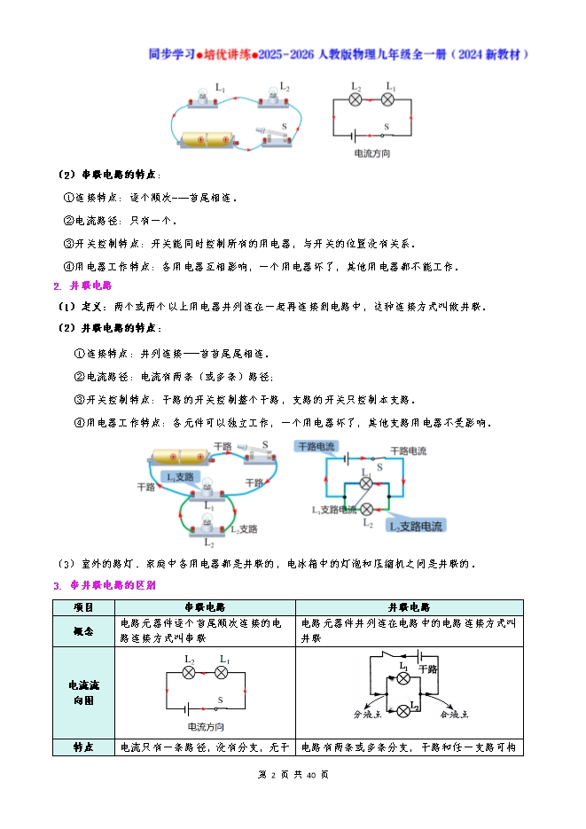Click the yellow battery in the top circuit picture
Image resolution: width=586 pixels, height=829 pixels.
[207, 140]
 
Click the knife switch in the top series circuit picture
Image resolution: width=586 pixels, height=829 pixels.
[275, 136]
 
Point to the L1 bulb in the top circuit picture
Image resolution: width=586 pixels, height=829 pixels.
[210, 100]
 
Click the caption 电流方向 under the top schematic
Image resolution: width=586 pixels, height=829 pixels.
[371, 154]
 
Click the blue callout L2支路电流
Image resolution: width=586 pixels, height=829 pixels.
[415, 526]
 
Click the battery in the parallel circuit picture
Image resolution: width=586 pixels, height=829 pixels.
[182, 456]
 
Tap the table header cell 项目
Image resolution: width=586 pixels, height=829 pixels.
[84, 607]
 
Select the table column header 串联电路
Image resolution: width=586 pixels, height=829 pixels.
[205, 607]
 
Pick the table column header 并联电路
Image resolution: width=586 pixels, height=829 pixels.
[409, 607]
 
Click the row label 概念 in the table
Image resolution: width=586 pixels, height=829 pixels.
[84, 630]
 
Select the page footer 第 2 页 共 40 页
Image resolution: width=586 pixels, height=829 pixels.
[293, 774]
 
